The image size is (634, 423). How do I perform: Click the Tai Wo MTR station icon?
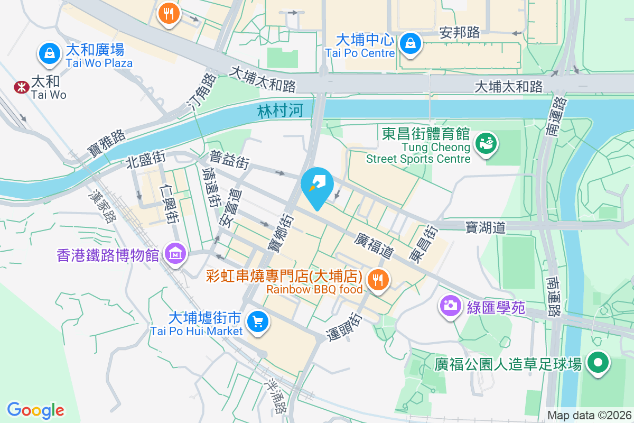22,87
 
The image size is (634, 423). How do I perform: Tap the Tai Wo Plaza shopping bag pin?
49,53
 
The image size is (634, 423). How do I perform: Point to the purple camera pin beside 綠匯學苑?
450,305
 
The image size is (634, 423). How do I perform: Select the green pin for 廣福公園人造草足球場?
598,364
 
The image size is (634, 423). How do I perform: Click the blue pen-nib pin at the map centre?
317,186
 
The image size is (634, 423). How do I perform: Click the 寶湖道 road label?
486,227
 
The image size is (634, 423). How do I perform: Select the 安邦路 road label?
460,33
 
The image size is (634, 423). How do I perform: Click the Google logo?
36,410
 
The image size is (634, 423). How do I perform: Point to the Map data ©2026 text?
589,415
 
